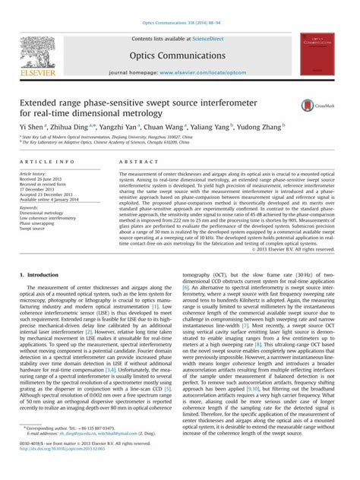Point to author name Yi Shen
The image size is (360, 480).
tap(31, 126)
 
